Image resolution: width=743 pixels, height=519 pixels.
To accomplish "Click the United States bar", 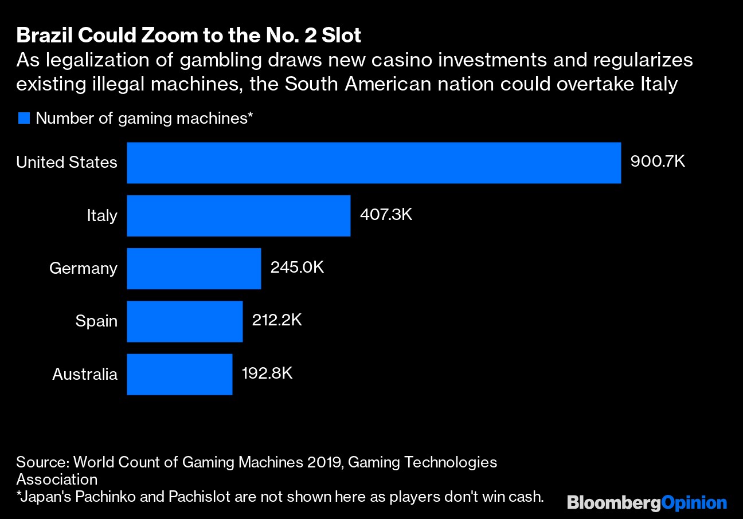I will coord(374,163).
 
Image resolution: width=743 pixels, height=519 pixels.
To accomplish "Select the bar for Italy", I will coord(238,215).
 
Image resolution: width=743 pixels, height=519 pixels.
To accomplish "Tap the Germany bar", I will coord(194,268).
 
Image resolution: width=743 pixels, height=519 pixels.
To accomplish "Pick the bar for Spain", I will coord(185,321).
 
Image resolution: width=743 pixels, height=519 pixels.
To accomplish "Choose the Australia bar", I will coord(179,374).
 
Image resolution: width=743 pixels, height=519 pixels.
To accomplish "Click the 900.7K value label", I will coord(658,162).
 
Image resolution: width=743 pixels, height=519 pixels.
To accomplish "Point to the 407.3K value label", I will coord(386,215).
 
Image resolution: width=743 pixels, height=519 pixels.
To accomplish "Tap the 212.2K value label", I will coord(277,320).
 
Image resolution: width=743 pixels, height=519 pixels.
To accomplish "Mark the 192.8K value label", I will coord(267,373).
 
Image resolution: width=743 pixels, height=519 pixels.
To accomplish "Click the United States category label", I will coord(67,163).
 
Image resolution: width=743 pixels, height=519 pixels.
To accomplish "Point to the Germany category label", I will coord(83,268).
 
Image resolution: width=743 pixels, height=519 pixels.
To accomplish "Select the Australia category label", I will coord(85,374).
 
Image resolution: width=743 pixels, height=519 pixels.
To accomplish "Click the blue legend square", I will coord(24,119).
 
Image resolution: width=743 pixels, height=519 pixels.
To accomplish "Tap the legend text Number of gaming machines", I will coord(144,119).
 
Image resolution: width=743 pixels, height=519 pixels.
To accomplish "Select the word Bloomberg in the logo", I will coord(613,503).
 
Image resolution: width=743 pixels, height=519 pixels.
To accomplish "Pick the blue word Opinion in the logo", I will coord(694,503).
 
